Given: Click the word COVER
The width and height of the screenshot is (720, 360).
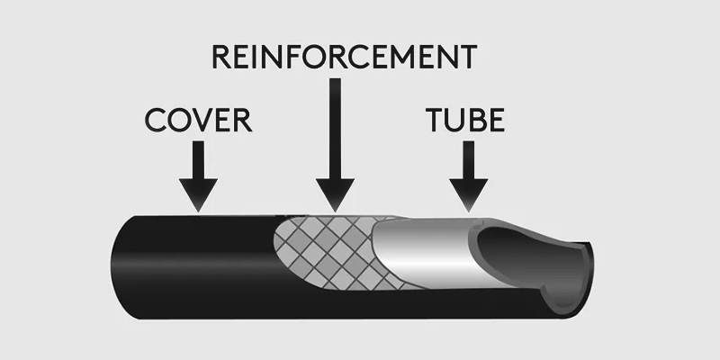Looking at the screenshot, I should point(197,120).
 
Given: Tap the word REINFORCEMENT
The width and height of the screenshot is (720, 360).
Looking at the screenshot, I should point(343,57).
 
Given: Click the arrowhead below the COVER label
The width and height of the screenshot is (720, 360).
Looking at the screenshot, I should point(198,193).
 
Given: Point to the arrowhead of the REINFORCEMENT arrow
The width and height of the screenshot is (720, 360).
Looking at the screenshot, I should point(335,193).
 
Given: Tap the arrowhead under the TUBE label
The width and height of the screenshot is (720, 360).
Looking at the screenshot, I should point(468,193).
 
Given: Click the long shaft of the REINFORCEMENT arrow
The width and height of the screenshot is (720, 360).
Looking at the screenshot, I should point(335,126).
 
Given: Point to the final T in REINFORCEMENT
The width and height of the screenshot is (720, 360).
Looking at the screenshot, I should point(464,57).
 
